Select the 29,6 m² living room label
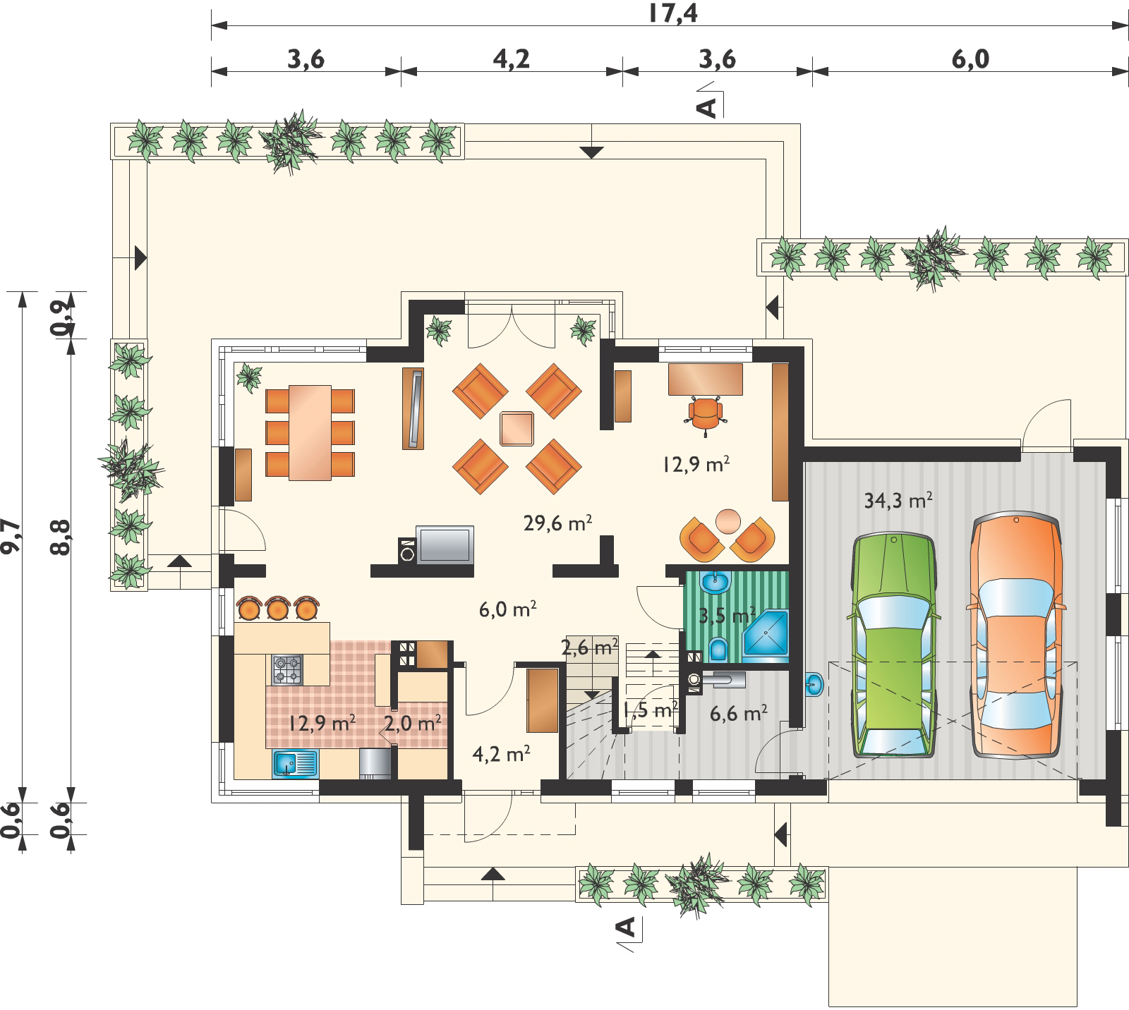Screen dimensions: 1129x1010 pyautogui.click(x=556, y=523)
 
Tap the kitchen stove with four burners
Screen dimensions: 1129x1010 pyautogui.click(x=288, y=669)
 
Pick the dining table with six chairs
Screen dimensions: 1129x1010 pyautogui.click(x=310, y=432)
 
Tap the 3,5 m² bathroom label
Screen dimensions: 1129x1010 pyautogui.click(x=727, y=615)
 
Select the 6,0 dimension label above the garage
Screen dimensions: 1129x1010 pyautogui.click(x=970, y=59)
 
